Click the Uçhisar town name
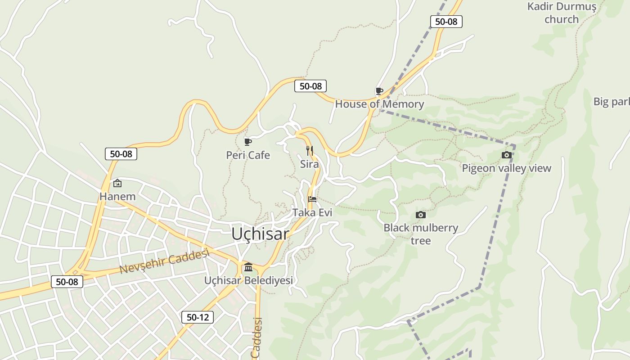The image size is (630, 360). pos(260,234)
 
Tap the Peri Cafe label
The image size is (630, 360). pos(248,155)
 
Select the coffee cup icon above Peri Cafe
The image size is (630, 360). pos(247,142)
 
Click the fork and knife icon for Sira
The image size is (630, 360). pos(310,150)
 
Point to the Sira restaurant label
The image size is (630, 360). pos(310,164)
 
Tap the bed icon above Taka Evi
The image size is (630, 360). pos(312,199)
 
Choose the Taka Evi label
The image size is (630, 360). pos(312,212)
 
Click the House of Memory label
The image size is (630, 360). pos(379,104)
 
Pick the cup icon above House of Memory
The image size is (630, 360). pos(379,91)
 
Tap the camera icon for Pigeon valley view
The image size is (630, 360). pos(506,155)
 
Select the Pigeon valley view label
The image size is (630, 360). pos(506,168)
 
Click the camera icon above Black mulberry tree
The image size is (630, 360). pos(421,215)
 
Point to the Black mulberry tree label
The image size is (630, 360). pos(421,234)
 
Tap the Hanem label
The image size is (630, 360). pos(117,197)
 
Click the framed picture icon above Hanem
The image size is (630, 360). pos(117,183)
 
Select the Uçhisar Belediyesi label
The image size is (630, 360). pos(248,280)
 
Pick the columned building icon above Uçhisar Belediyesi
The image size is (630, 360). pos(248,268)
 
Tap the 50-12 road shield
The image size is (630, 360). pos(198,317)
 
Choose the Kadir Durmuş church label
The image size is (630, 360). pos(562,13)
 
